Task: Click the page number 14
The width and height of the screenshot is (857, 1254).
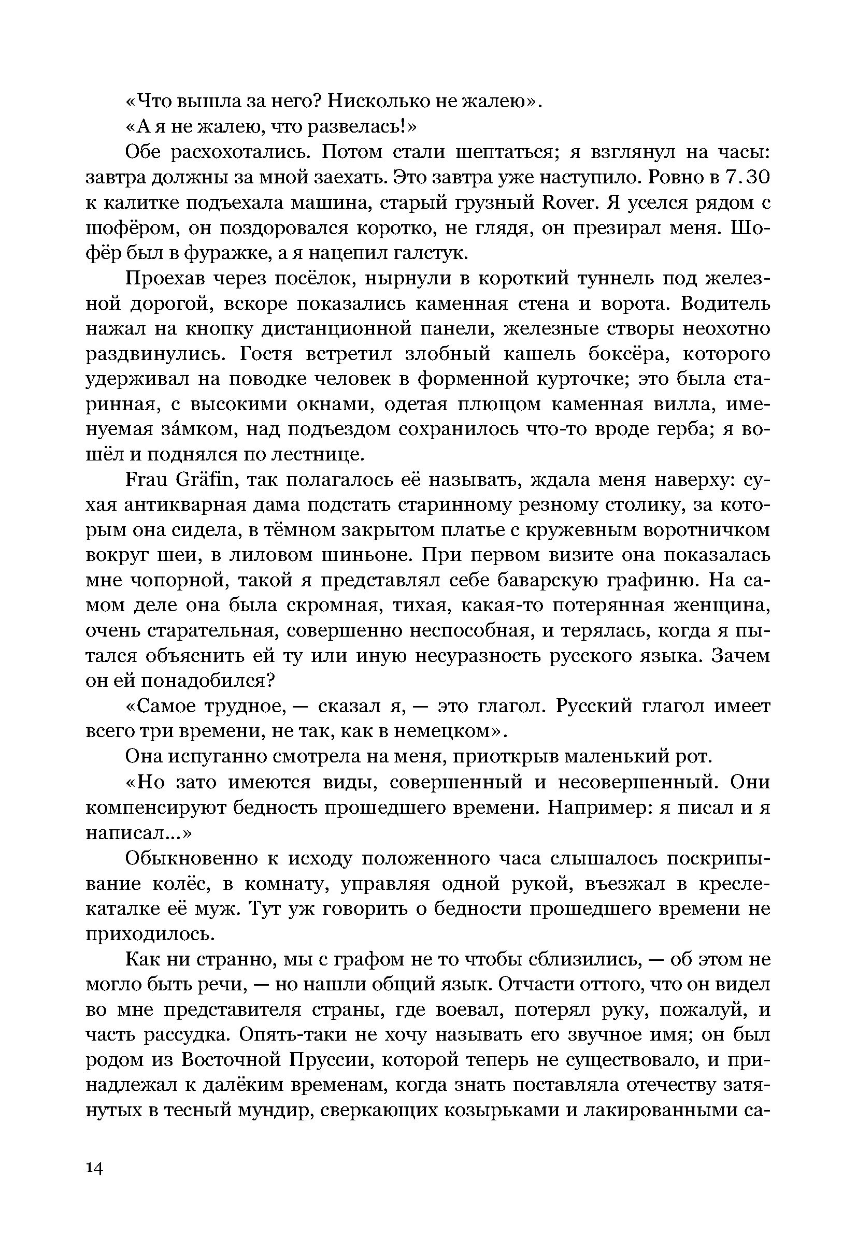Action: click(94, 1169)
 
